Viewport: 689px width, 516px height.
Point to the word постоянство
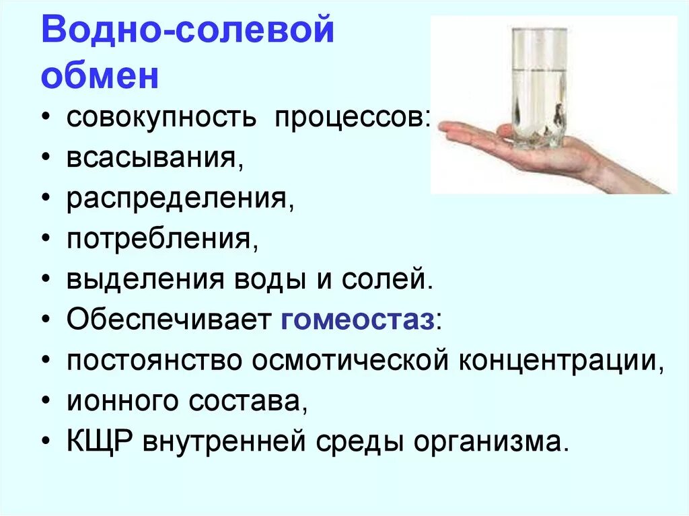pos(154,361)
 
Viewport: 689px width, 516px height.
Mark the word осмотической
pos(350,361)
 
